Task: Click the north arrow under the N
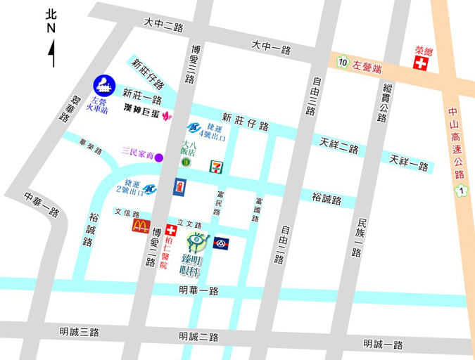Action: pos(52,53)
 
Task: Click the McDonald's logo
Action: pos(141,226)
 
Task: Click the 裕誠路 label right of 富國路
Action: pos(327,200)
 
